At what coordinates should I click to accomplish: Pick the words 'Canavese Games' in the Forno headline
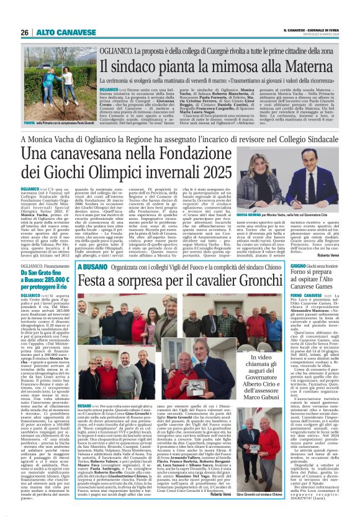tap(310, 288)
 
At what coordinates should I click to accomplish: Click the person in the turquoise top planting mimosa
tap(43, 104)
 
